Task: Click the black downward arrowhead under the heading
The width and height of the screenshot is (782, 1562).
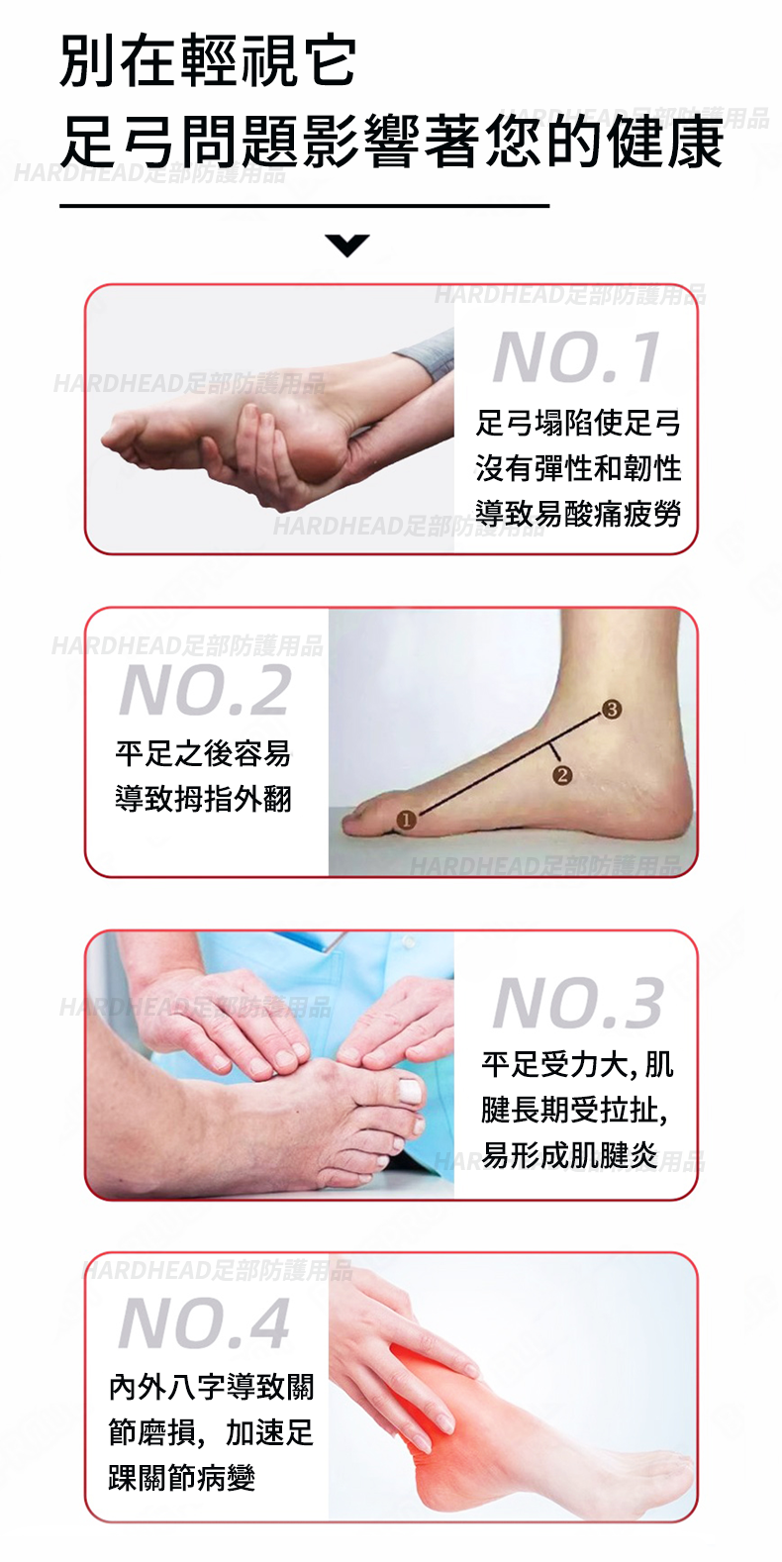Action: coord(346,244)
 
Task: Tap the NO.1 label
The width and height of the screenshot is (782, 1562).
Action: coord(576,357)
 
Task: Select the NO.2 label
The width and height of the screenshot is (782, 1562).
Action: coord(204,690)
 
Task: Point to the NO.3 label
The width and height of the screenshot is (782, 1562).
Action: coord(578,1003)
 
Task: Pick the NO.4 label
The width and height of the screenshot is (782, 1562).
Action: coord(204,1322)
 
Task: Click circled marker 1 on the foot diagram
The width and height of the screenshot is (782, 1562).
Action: coord(406,820)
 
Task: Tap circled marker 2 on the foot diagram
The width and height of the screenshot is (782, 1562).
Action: coord(562,775)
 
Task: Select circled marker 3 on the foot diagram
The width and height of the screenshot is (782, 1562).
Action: coord(611,709)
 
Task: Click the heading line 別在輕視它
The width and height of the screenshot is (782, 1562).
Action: coord(208,61)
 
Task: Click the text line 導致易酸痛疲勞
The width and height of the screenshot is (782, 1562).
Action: coord(578,514)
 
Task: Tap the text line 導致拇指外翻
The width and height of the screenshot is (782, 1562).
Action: coord(204,799)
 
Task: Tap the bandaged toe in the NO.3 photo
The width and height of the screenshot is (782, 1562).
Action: coord(408,1089)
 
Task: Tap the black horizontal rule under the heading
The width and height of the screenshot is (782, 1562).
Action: coord(305,206)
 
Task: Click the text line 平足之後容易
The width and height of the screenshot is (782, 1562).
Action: coord(204,753)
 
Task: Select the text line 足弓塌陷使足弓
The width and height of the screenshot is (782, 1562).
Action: coord(578,423)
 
